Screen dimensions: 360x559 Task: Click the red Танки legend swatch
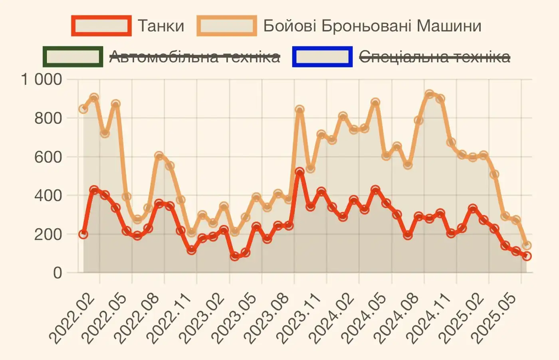pyautogui.click(x=101, y=26)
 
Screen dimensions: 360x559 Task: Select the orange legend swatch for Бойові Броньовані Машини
pyautogui.click(x=227, y=26)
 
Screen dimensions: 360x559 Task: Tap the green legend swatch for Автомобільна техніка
pyautogui.click(x=73, y=57)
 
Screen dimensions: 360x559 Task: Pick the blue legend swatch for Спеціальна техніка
pyautogui.click(x=323, y=57)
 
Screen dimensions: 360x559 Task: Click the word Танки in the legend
pyautogui.click(x=161, y=26)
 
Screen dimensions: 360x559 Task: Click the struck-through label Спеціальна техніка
pyautogui.click(x=434, y=57)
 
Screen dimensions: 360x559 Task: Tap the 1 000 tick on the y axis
pyautogui.click(x=42, y=79)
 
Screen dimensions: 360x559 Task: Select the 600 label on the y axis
pyautogui.click(x=48, y=157)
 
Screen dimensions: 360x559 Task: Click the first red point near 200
pyautogui.click(x=83, y=234)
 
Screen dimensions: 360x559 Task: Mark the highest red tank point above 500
pyautogui.click(x=299, y=172)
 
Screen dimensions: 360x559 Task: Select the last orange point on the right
pyautogui.click(x=527, y=245)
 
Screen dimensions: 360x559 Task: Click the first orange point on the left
pyautogui.click(x=83, y=109)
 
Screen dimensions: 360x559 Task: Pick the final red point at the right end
pyautogui.click(x=527, y=256)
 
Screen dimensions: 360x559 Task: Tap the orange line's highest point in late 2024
pyautogui.click(x=429, y=94)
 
